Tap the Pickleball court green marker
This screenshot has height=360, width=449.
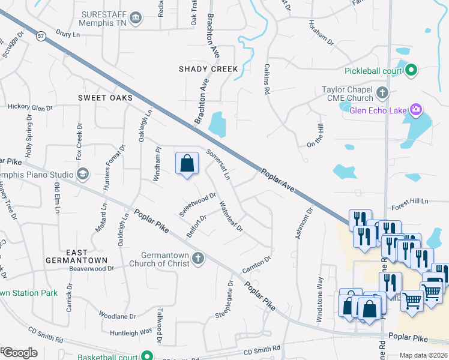click(x=411, y=71)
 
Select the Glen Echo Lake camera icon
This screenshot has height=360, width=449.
click(x=415, y=109)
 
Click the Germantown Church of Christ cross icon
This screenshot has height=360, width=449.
click(x=198, y=259)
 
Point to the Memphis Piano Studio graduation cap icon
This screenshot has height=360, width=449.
click(x=83, y=175)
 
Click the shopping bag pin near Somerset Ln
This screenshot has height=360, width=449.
click(x=187, y=163)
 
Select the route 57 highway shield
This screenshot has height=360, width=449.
click(x=40, y=37)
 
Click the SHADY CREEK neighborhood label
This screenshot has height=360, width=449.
click(x=208, y=69)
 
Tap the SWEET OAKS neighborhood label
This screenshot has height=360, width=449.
click(x=105, y=97)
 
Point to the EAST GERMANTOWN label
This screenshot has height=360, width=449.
click(x=77, y=256)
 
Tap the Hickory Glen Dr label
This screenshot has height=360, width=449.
click(x=31, y=107)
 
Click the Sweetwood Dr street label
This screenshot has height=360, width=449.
click(x=197, y=204)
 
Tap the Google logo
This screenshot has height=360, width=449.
click(x=20, y=353)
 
